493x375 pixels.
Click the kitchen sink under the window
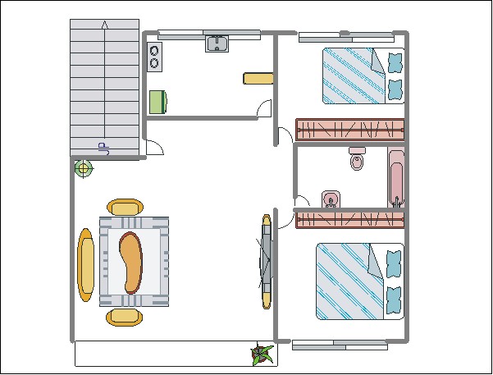pos(217,43)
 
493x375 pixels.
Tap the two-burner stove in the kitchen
pos(154,57)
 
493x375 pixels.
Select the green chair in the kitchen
pos(158,102)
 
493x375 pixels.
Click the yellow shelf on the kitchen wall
pos(258,78)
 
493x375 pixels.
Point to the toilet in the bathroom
pos(357,158)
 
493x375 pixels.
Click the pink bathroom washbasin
pos(331,199)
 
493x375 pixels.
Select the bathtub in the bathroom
pos(396,177)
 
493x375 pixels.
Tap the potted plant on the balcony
pos(262,354)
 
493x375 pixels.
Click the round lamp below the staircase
pos(84,168)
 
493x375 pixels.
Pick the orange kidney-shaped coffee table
pos(130,263)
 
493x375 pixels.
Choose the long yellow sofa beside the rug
pos(86,265)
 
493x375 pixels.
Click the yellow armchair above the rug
pos(126,208)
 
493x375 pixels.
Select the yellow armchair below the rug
pos(124,317)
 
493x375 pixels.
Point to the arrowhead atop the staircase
pos(105,25)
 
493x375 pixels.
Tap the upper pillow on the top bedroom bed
pos(395,62)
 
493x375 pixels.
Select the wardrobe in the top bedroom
pos(350,130)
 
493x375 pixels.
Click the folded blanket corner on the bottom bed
pos(376,262)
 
